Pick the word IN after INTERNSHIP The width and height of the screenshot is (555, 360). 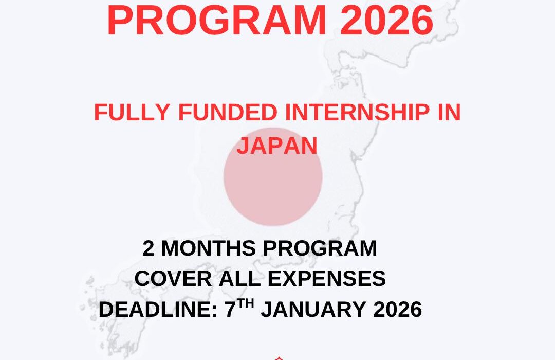(449, 113)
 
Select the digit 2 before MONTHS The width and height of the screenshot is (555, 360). (149, 249)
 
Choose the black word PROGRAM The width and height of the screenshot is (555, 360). (320, 249)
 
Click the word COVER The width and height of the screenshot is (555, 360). (166, 279)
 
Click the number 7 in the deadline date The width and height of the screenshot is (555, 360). (230, 310)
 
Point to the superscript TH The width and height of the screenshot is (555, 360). (247, 304)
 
